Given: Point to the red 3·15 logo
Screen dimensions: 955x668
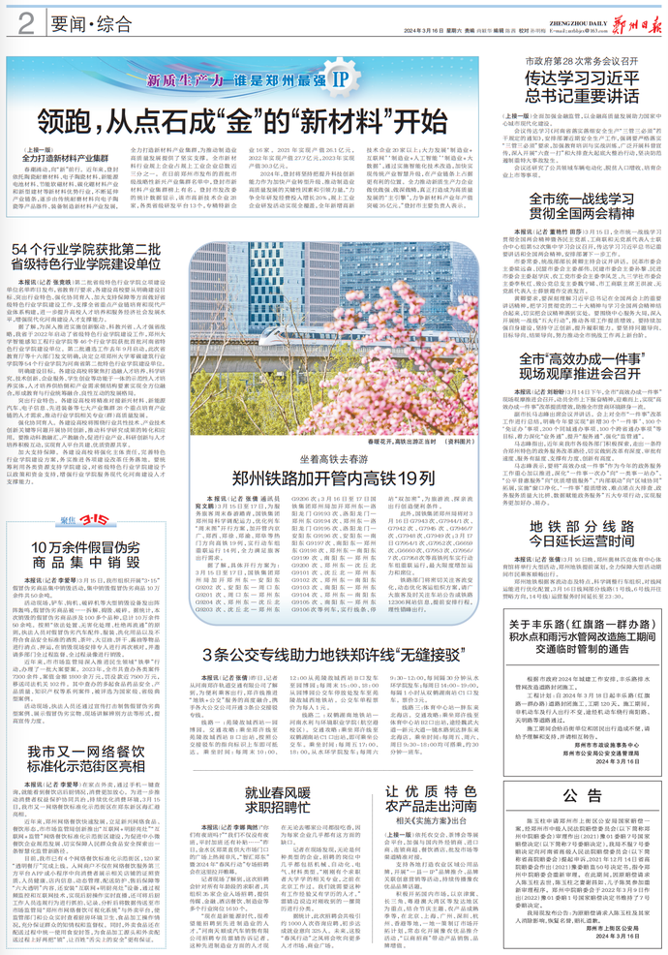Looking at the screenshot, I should (x=68, y=521).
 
